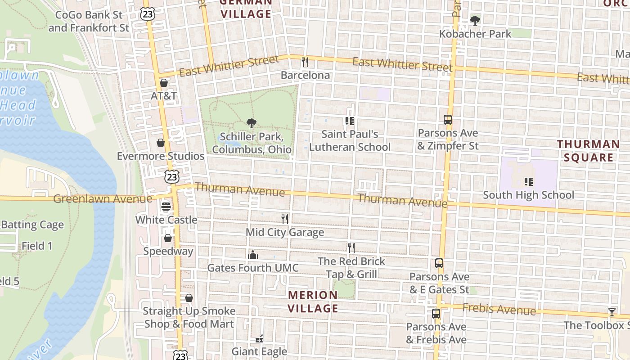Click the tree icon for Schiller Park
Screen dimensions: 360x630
click(x=252, y=123)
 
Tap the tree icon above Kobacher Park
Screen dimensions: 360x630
click(x=475, y=20)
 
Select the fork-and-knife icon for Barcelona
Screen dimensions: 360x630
click(x=305, y=62)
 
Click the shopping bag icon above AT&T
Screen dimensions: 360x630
click(x=164, y=83)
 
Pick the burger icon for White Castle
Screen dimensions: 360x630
click(x=166, y=207)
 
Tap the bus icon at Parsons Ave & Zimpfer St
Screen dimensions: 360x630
click(x=447, y=120)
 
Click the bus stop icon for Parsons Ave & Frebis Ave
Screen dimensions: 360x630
click(x=436, y=313)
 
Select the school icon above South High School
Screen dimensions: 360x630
click(x=528, y=182)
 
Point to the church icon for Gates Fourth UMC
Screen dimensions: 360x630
click(x=253, y=255)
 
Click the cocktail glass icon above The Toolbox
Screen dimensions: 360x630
click(x=612, y=312)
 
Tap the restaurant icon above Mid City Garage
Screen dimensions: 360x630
click(x=284, y=219)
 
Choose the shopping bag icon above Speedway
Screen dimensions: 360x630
click(x=168, y=238)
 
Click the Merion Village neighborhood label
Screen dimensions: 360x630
click(x=313, y=301)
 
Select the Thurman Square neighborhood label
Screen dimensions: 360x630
click(x=588, y=151)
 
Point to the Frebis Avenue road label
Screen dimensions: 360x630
click(x=499, y=309)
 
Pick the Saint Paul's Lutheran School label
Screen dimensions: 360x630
click(x=350, y=140)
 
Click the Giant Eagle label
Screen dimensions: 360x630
click(x=259, y=351)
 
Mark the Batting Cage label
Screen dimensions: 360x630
click(x=32, y=225)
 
